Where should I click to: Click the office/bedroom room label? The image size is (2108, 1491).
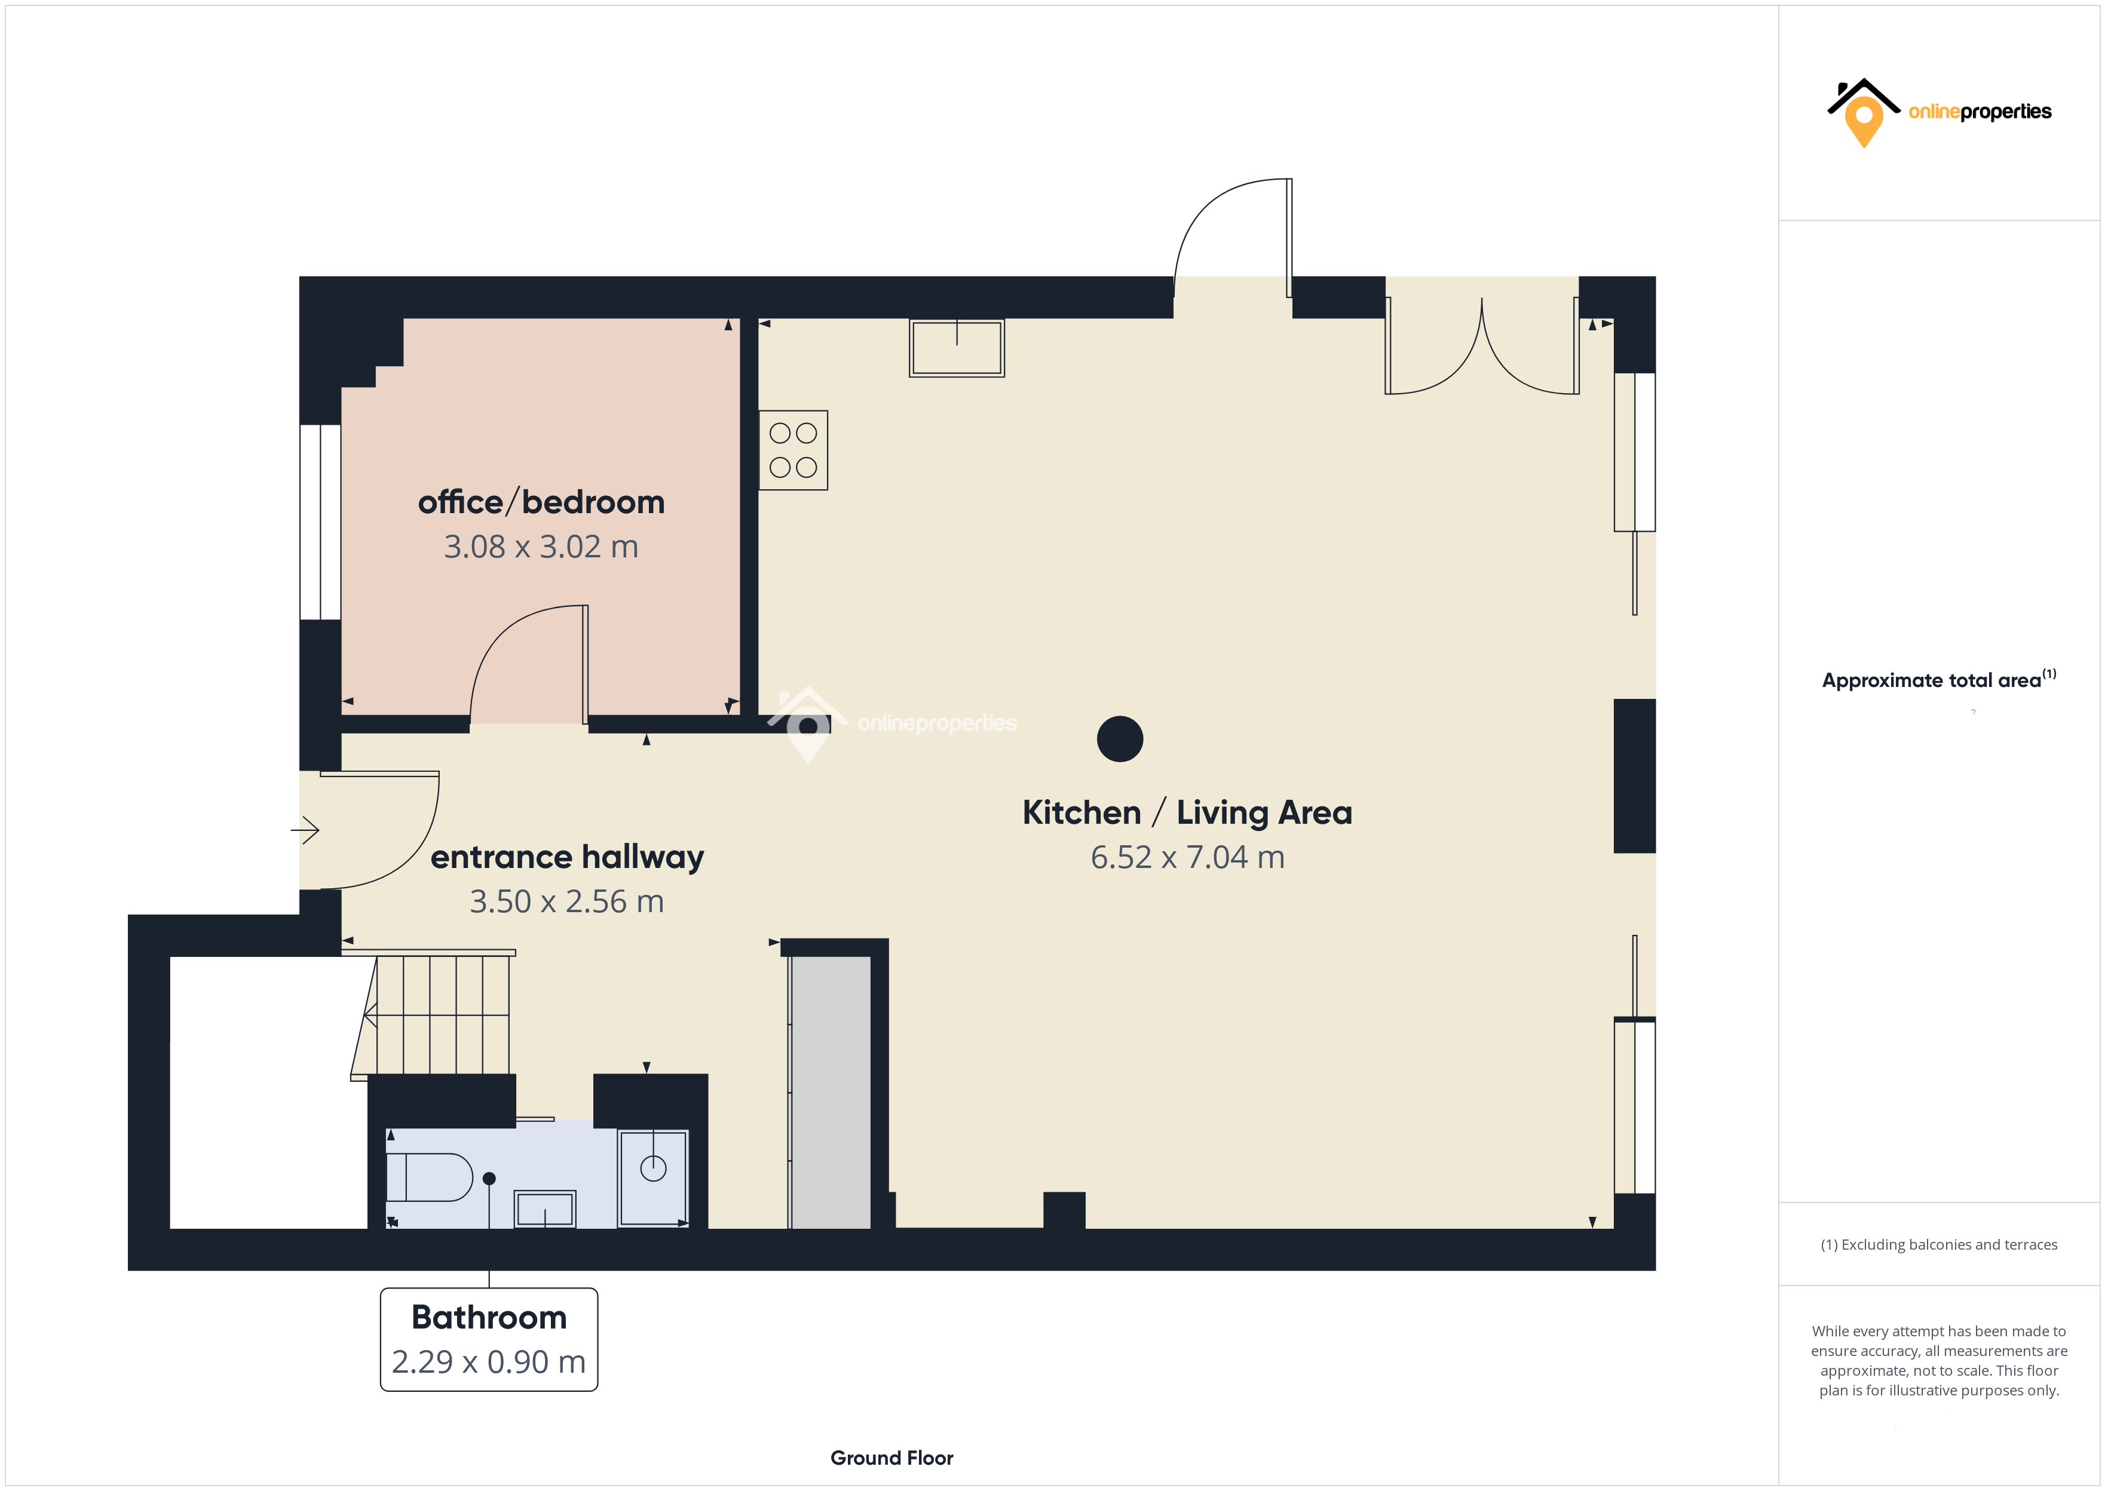[x=541, y=502]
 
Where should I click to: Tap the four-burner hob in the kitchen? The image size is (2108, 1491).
[x=793, y=450]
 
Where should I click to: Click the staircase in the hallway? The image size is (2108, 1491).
[x=441, y=1014]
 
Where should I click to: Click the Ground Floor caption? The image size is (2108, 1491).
[x=891, y=1458]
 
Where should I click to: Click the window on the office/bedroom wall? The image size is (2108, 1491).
[x=320, y=521]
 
